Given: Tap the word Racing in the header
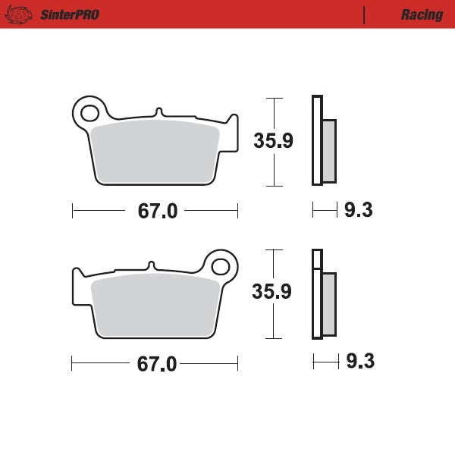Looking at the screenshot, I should (x=422, y=14).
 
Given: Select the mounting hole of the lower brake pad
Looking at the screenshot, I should (x=221, y=266).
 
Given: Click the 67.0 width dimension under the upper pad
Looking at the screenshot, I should (x=157, y=212).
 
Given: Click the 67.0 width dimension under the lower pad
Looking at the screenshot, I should (x=157, y=364).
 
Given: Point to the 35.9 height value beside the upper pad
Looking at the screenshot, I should (x=272, y=141).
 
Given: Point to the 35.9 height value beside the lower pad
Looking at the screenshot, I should (x=272, y=292).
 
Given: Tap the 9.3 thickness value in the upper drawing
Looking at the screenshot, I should (x=358, y=211).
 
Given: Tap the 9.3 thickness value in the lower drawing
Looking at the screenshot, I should (x=359, y=362).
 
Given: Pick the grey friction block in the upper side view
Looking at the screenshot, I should (x=329, y=151).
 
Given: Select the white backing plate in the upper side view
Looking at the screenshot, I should (x=317, y=140).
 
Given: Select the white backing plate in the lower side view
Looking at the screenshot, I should (x=317, y=294).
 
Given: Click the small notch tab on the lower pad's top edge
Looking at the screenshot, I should (x=152, y=265).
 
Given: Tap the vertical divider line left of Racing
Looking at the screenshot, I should (x=365, y=14).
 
